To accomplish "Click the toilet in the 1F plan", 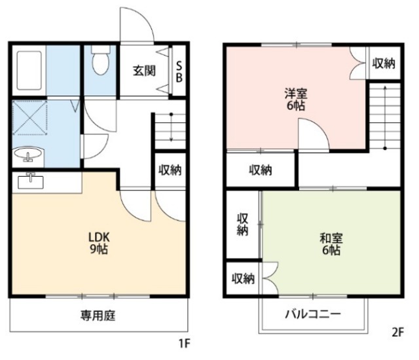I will pyautogui.click(x=100, y=62).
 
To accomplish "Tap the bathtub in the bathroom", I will pyautogui.click(x=28, y=70).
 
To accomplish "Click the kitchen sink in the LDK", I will pyautogui.click(x=30, y=179).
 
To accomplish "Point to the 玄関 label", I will pyautogui.click(x=145, y=70).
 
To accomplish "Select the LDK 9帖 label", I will pyautogui.click(x=98, y=242).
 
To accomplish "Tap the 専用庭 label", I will pyautogui.click(x=98, y=316).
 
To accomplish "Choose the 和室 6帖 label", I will pyautogui.click(x=331, y=243).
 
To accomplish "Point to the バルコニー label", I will pyautogui.click(x=312, y=314).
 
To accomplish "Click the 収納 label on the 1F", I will pyautogui.click(x=170, y=170).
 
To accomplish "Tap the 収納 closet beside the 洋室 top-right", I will pyautogui.click(x=384, y=63).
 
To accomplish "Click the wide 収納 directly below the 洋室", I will pyautogui.click(x=260, y=170).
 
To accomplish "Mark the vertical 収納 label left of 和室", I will pyautogui.click(x=242, y=224).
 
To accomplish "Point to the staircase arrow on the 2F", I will pyautogui.click(x=386, y=118).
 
